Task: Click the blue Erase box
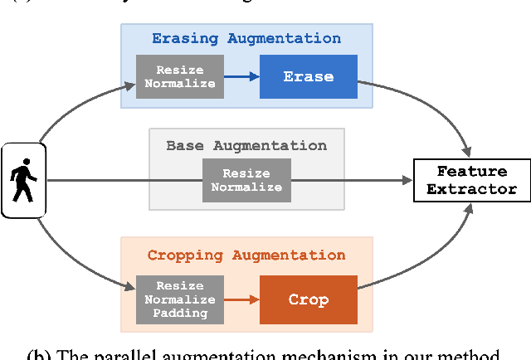[x=309, y=76]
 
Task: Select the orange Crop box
[x=309, y=299]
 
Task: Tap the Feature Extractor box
[x=471, y=180]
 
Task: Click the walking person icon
[x=23, y=180]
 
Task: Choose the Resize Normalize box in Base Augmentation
[x=246, y=180]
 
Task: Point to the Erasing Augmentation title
[x=246, y=38]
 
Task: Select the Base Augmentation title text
[x=246, y=145]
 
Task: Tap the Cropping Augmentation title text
[x=246, y=255]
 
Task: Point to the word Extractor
[x=471, y=189]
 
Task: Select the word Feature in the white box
[x=471, y=171]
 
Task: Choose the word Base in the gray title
[x=186, y=145]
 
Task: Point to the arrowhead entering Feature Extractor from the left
[x=407, y=180]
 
